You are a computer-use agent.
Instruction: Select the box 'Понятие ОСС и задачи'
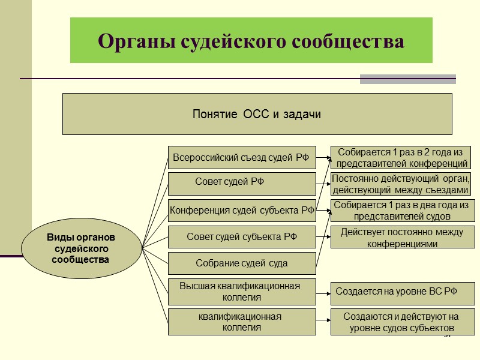tap(257, 114)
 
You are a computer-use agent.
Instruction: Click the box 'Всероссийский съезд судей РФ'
tap(241, 158)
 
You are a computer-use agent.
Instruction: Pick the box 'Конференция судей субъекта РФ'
tap(241, 210)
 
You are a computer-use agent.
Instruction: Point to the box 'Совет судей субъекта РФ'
tap(241, 236)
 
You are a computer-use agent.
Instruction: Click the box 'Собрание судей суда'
tap(241, 263)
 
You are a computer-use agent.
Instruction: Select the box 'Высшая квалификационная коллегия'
tap(241, 291)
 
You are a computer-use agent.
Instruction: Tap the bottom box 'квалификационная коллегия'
tap(241, 322)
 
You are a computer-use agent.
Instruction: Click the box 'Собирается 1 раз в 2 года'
tap(401, 157)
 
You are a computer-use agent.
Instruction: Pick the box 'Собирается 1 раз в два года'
tap(402, 211)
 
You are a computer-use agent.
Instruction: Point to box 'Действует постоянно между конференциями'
tap(402, 238)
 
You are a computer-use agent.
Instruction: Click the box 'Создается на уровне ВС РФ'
tap(402, 292)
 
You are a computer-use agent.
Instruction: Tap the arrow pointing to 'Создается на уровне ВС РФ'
tap(324, 293)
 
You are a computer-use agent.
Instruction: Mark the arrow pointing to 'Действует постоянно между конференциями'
tap(324, 236)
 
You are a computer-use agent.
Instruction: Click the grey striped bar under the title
tap(408, 79)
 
